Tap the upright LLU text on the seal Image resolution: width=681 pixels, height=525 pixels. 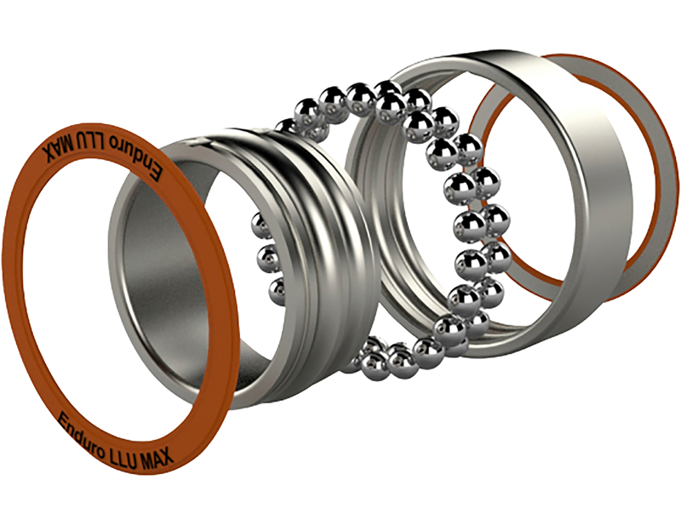[129, 445]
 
